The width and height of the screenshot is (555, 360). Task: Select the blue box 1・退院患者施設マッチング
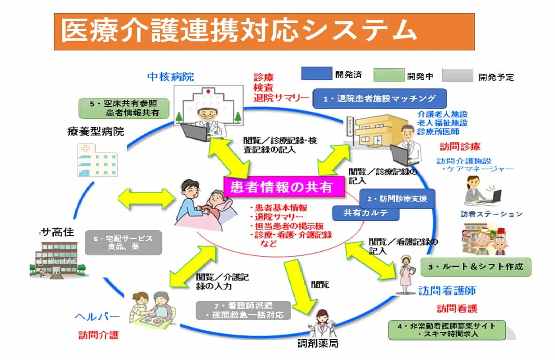[x=379, y=98]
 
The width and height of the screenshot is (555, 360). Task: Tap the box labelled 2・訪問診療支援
[x=397, y=199]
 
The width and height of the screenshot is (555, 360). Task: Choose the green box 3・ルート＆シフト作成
[x=476, y=267]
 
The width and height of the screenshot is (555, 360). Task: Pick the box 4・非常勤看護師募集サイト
[x=447, y=330]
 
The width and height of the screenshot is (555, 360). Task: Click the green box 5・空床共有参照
[x=125, y=108]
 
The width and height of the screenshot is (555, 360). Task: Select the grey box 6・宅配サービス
[x=123, y=243]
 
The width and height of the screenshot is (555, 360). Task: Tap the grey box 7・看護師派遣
[x=244, y=310]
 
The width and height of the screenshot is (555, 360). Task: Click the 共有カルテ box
[x=366, y=213]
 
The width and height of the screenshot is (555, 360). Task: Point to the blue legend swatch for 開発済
[x=316, y=74]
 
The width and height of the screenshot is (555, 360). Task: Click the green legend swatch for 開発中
[x=389, y=75]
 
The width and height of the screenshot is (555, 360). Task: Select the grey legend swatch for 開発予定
[x=457, y=75]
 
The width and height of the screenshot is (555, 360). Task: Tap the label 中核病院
[x=171, y=76]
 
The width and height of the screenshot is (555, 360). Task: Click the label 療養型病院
[x=95, y=132]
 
